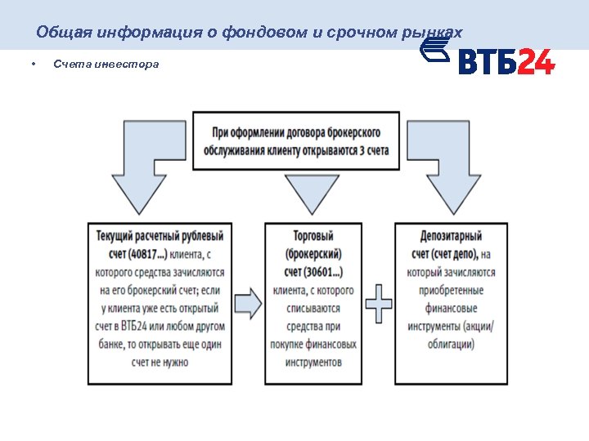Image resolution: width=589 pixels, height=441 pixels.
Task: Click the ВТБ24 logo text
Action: pos(506,62)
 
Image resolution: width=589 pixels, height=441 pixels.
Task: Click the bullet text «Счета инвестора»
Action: pos(106,64)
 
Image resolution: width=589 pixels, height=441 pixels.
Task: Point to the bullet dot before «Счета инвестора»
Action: pos(31,64)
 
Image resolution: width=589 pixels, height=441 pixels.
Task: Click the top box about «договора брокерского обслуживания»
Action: pos(295,140)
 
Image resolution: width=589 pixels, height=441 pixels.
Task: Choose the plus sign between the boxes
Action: pos(379,305)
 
